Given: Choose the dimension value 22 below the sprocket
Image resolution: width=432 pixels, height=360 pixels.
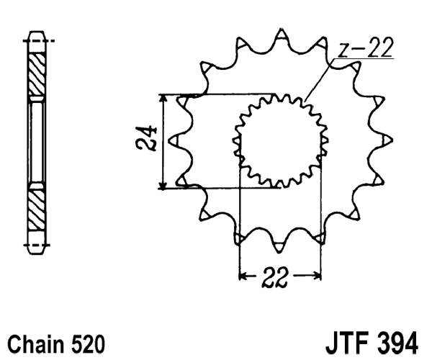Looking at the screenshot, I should [x=279, y=277].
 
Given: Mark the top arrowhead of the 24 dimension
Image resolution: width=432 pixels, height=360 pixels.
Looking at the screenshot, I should [x=165, y=101].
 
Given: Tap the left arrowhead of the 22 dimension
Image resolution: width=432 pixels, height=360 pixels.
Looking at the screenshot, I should [x=243, y=274].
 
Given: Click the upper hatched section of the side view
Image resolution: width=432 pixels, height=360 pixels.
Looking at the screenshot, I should [x=36, y=72].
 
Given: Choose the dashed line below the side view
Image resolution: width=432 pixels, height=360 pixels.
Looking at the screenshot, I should [x=40, y=245].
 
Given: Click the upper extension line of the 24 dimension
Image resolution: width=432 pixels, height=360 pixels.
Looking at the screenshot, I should [x=216, y=95].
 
